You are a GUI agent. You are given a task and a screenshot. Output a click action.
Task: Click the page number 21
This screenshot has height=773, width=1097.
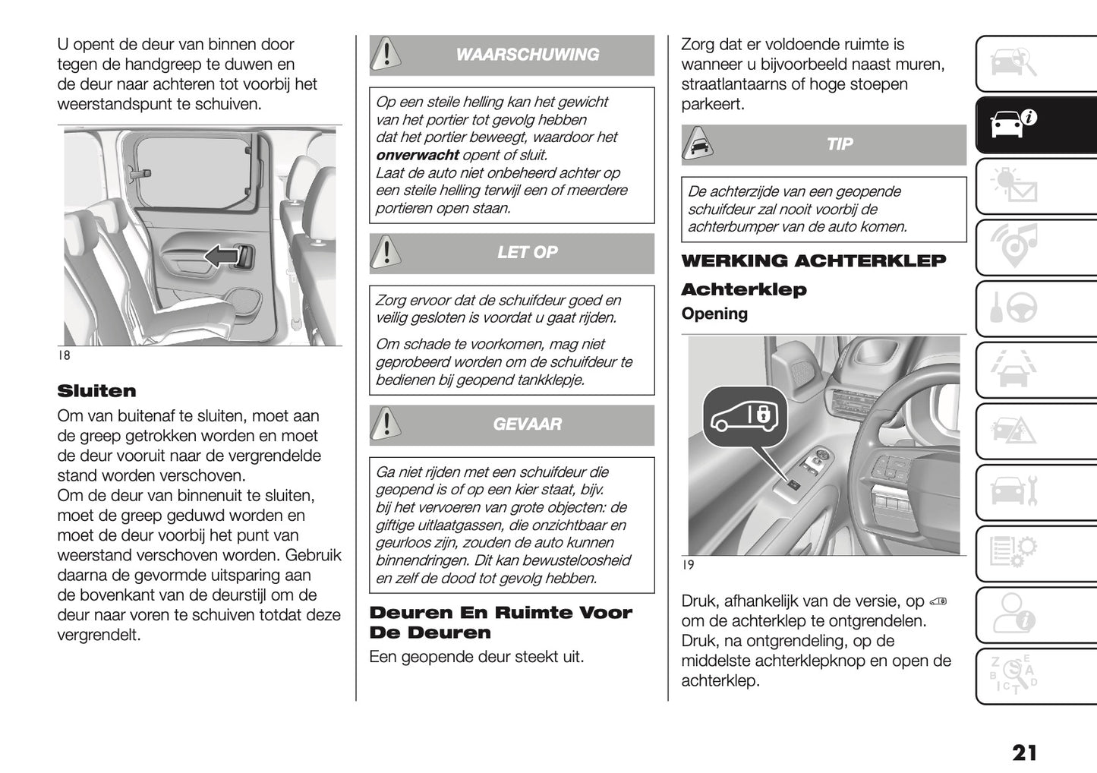(x=1023, y=752)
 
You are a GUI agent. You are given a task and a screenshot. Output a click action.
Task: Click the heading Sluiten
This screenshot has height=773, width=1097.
(x=96, y=391)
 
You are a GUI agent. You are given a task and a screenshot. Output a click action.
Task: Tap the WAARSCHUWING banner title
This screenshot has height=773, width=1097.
(x=527, y=55)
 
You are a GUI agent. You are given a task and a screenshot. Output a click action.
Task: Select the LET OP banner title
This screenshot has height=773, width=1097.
(x=527, y=252)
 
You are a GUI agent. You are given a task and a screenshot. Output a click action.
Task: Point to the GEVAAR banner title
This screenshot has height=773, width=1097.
(x=527, y=424)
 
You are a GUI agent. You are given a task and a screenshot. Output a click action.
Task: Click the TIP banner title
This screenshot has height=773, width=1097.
(x=839, y=144)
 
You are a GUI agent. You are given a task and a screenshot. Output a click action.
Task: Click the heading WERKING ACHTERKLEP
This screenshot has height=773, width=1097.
(x=813, y=261)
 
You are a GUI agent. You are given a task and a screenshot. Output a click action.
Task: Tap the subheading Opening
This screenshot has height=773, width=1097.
(x=714, y=314)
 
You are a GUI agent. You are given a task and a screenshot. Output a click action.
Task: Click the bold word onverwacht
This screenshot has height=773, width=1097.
(x=417, y=155)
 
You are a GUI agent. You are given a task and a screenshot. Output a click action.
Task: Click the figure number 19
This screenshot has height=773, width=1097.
(x=688, y=565)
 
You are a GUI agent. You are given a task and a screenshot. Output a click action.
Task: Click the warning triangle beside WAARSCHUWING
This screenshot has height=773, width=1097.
(x=387, y=55)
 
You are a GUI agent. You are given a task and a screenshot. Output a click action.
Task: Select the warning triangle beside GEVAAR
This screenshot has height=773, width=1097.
(x=387, y=424)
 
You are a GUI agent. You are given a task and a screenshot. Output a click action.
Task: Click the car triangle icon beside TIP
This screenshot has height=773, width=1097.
(x=698, y=144)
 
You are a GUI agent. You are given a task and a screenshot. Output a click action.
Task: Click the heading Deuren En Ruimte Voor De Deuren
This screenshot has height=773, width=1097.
(x=500, y=623)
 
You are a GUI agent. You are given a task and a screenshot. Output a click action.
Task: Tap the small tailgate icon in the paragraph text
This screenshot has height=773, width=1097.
(x=938, y=602)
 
